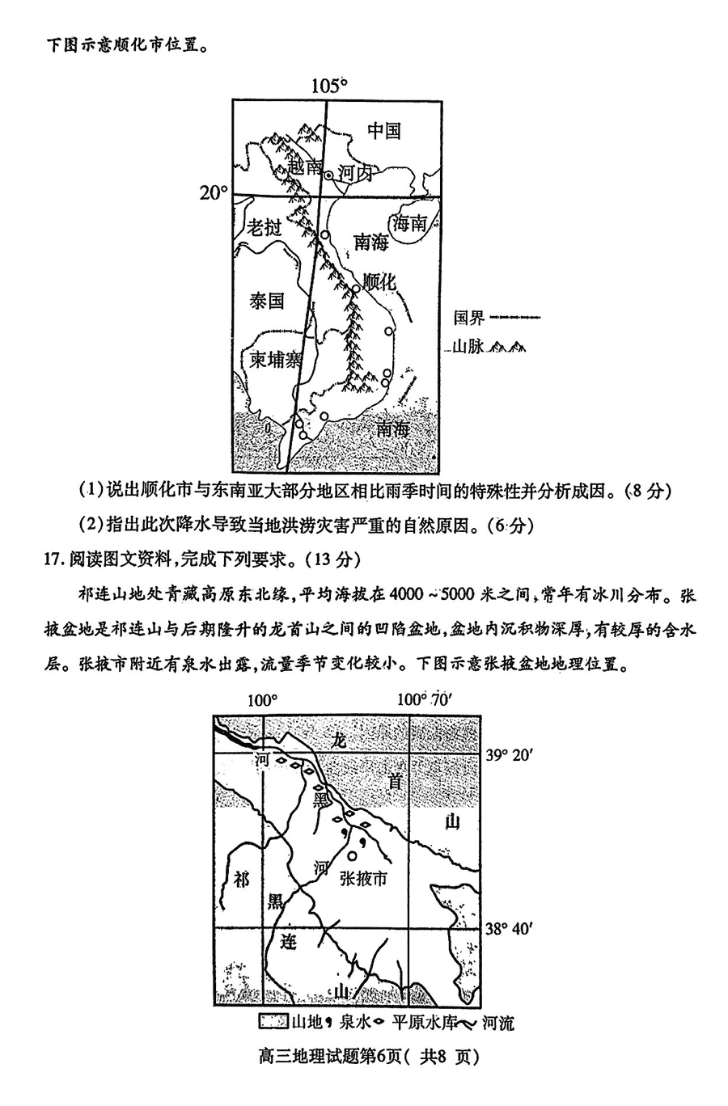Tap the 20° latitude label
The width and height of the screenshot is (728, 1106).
(214, 193)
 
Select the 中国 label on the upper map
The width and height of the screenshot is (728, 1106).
(383, 130)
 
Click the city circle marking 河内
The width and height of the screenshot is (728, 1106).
(329, 175)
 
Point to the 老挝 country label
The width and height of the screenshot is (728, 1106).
(264, 227)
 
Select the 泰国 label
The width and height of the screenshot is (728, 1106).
(267, 301)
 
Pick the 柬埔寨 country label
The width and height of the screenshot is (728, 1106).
(275, 359)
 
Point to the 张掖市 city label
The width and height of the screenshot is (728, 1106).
(363, 879)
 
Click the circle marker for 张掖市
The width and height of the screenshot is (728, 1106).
(352, 855)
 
